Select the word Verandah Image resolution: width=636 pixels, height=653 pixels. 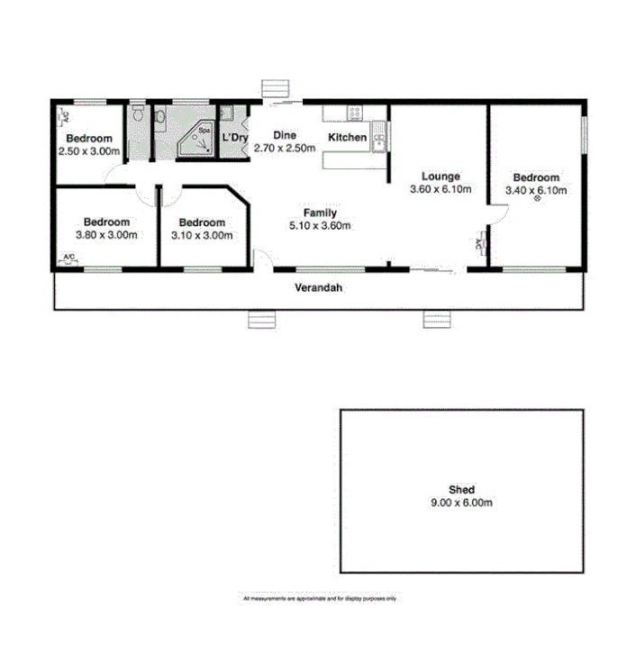point(316,289)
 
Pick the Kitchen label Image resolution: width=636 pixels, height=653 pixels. point(347,138)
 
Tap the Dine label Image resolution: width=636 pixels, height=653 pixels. point(285,136)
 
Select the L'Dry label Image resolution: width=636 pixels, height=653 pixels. point(234,138)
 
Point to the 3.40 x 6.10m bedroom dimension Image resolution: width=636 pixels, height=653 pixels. point(537,191)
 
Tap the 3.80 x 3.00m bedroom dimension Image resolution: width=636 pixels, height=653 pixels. point(106,235)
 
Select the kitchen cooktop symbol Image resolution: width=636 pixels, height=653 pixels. point(355,113)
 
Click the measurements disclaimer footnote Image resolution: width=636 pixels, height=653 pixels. point(320,598)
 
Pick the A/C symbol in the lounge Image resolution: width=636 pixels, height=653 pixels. point(478,241)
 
